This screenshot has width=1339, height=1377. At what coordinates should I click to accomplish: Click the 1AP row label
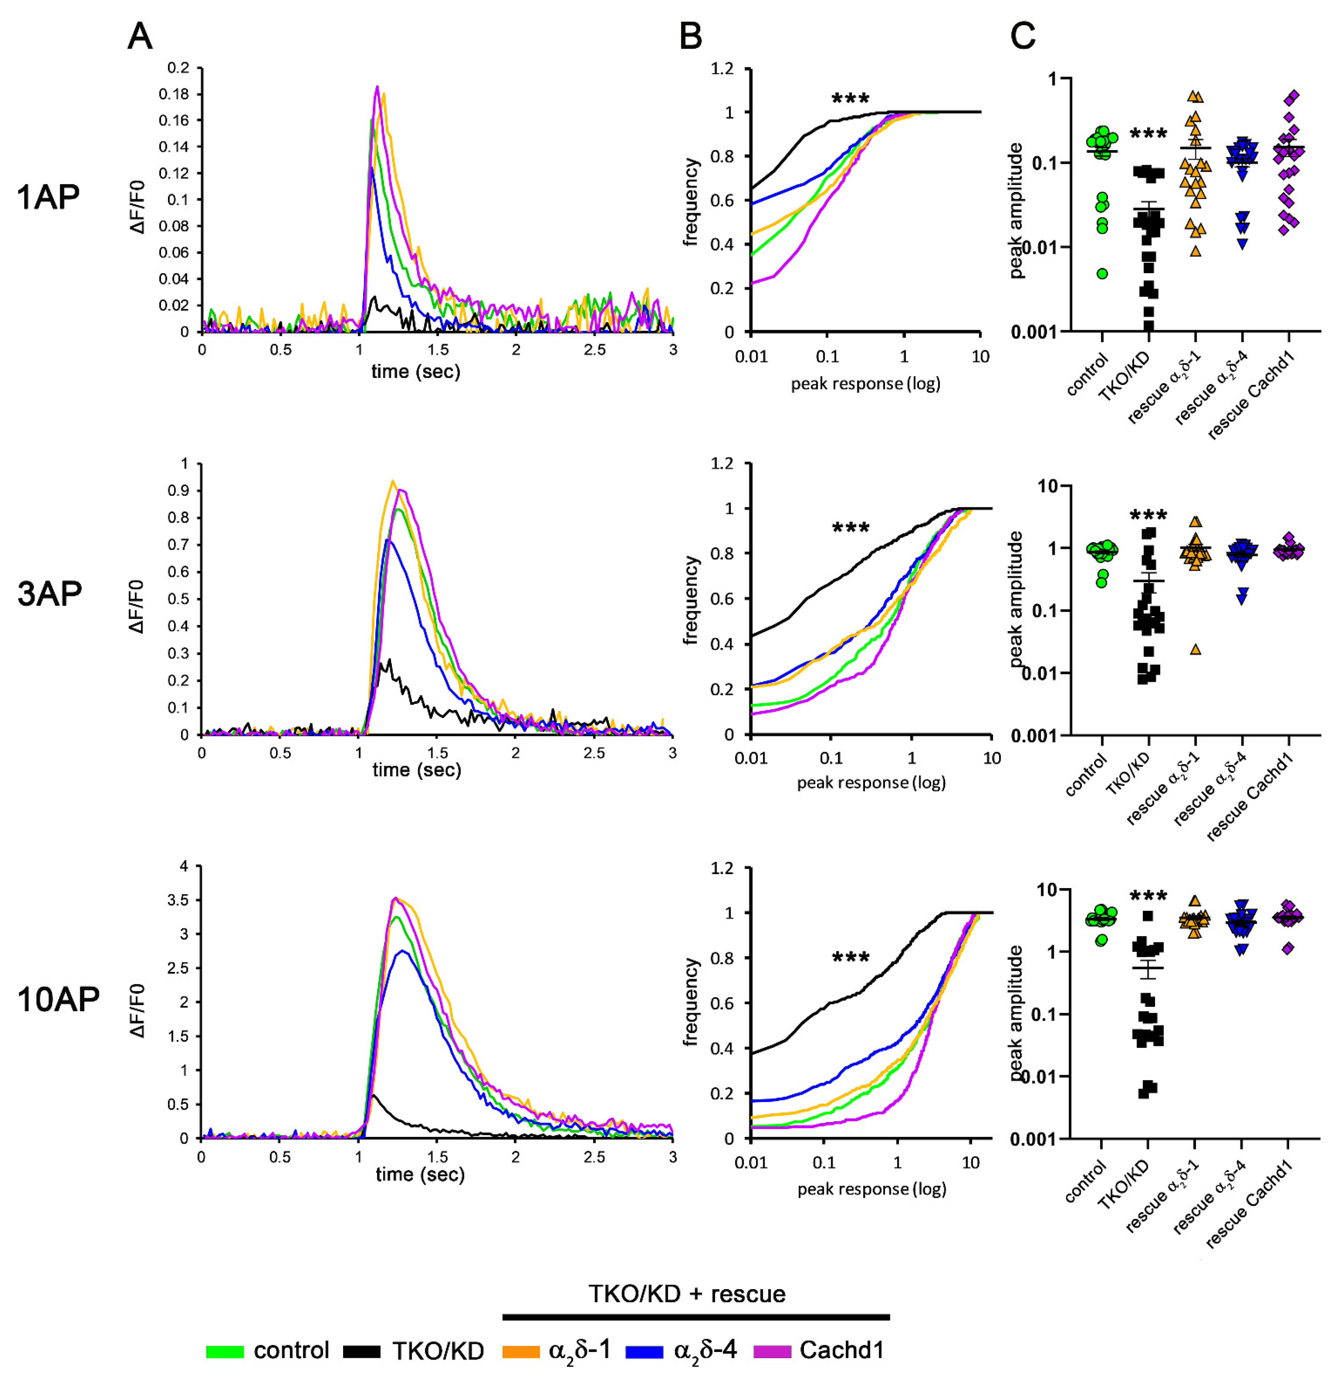pyautogui.click(x=48, y=198)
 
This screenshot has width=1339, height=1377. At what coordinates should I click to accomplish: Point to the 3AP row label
pyautogui.click(x=49, y=594)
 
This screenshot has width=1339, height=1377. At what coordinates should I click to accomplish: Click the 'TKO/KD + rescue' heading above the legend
pyautogui.click(x=687, y=1294)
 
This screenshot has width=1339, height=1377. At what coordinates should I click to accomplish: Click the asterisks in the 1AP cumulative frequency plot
pyautogui.click(x=850, y=99)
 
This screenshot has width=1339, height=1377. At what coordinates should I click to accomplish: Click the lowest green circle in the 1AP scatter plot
pyautogui.click(x=1102, y=273)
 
